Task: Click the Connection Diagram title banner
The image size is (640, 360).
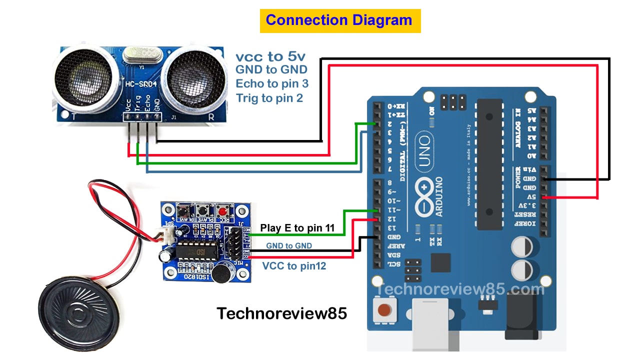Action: click(340, 20)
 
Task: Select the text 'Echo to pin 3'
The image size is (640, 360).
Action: click(272, 83)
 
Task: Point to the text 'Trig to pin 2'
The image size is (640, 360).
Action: click(269, 98)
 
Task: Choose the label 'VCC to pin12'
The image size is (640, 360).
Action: click(294, 266)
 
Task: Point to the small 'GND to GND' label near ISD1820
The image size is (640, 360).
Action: click(289, 245)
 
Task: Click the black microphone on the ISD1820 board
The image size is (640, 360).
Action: click(219, 273)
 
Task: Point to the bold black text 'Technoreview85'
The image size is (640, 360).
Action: click(281, 313)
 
